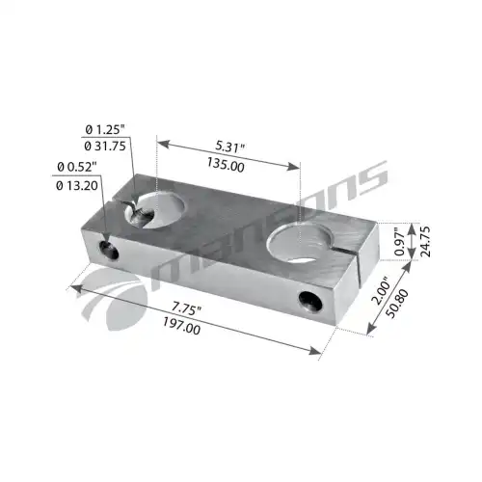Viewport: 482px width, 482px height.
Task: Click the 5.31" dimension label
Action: pyautogui.click(x=230, y=147)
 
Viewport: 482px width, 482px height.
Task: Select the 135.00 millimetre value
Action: pyautogui.click(x=226, y=165)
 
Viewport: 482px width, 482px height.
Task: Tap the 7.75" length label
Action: pyautogui.click(x=186, y=309)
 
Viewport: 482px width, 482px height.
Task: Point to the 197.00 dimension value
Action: pyautogui.click(x=181, y=326)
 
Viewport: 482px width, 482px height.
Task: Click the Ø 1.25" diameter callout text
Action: pyautogui.click(x=105, y=130)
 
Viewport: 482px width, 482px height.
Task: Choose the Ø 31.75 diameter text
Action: pyautogui.click(x=105, y=147)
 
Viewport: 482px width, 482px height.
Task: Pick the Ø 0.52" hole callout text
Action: pyautogui.click(x=76, y=167)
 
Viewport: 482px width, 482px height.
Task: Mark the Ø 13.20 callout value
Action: pyautogui.click(x=77, y=185)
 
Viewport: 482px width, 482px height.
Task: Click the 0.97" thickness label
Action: pyautogui.click(x=399, y=241)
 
